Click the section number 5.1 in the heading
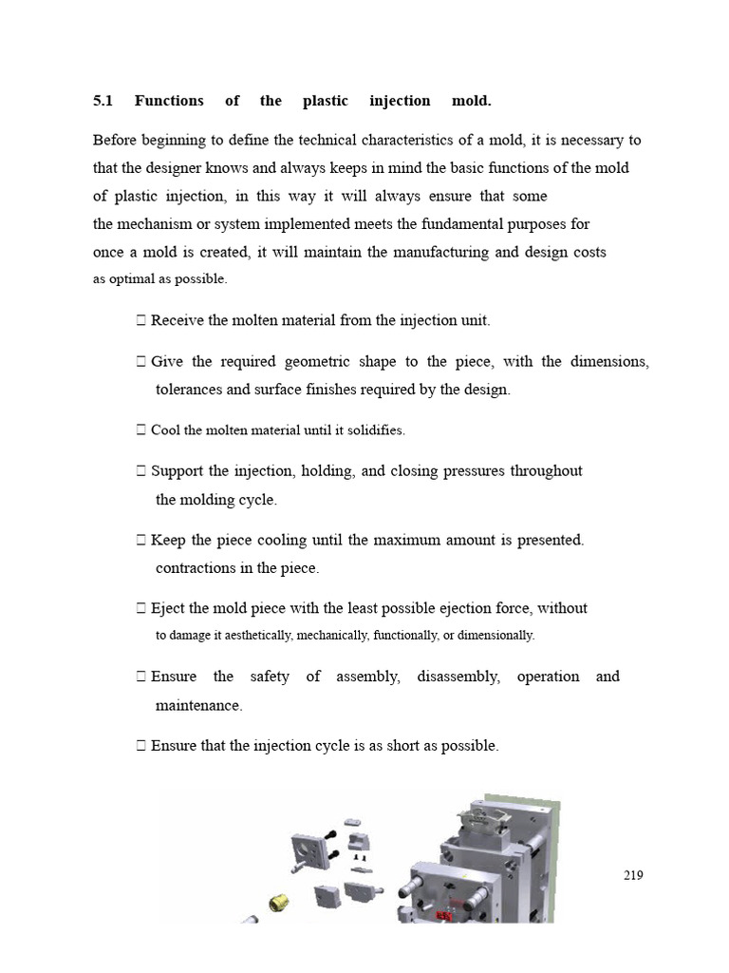(103, 101)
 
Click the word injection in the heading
(401, 101)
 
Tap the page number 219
(633, 875)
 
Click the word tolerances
(189, 390)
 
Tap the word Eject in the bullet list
(167, 608)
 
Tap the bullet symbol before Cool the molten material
(140, 430)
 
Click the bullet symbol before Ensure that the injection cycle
(140, 746)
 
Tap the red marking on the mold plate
(443, 914)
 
